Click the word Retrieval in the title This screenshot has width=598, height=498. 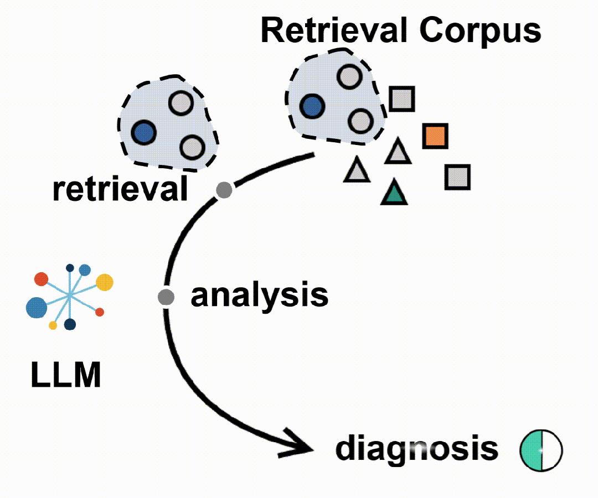(334, 30)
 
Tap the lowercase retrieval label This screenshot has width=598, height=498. (120, 189)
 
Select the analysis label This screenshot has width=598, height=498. (259, 295)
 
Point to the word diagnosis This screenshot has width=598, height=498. (417, 448)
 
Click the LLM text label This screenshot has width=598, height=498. (65, 375)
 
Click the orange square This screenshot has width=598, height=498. (435, 136)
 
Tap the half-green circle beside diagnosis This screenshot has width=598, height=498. (541, 451)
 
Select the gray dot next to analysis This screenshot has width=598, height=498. (166, 297)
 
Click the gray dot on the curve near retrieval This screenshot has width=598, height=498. (224, 190)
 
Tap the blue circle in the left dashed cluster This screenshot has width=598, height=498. (144, 133)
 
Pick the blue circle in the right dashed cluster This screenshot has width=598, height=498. (312, 106)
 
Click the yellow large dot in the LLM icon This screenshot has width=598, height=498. (105, 282)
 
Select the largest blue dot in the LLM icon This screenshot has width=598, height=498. (37, 308)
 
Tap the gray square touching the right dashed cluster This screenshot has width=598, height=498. (401, 99)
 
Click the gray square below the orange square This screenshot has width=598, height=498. (457, 177)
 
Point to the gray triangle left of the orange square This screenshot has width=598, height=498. (398, 152)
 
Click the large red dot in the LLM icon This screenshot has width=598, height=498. (41, 279)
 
